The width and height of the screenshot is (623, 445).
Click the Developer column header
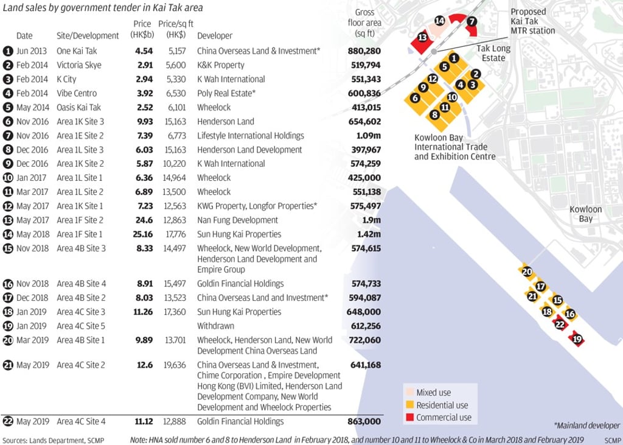pos(214,36)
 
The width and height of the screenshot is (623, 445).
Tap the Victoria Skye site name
pos(79,65)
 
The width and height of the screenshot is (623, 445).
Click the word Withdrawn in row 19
pos(215,326)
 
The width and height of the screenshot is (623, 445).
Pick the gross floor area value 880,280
pos(364,51)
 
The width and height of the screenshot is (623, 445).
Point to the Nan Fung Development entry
pos(237,220)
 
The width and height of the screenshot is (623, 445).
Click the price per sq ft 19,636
pos(172,365)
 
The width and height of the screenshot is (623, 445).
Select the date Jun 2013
pos(30,51)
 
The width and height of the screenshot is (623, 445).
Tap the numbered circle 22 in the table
pos(8,421)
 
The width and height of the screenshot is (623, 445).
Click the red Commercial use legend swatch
pos(409,418)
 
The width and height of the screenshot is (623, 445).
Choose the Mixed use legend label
pos(434,393)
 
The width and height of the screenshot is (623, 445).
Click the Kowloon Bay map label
pos(585,214)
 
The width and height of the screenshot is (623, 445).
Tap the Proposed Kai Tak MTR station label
pos(532,21)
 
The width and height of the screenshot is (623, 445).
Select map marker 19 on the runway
pos(577,339)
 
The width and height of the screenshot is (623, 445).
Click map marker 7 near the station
pos(472,21)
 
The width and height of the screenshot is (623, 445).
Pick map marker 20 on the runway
pos(527,272)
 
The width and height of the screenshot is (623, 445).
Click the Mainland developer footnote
pos(586,426)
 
